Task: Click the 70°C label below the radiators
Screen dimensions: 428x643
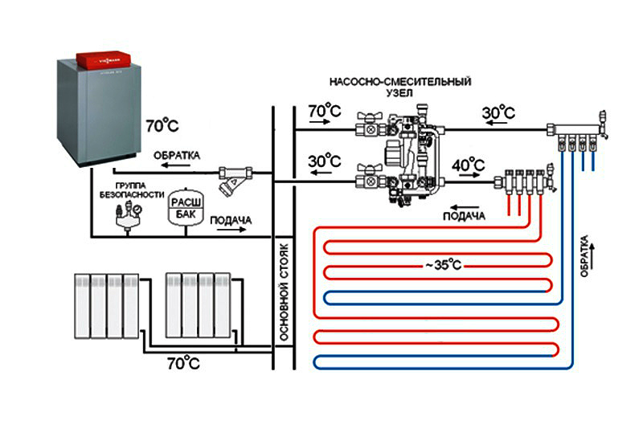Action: point(182,363)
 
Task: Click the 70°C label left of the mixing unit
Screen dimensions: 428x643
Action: point(325,110)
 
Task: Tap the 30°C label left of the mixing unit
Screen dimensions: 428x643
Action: point(325,161)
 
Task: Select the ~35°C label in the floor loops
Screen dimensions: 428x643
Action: point(435,264)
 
